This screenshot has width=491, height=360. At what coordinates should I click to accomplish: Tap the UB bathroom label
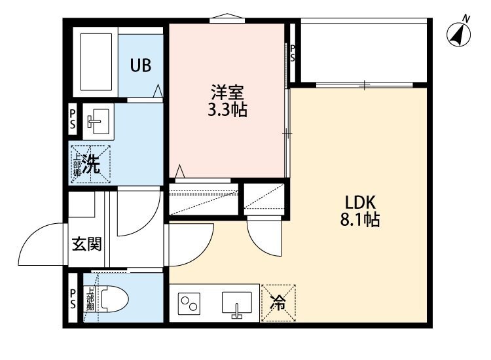140,65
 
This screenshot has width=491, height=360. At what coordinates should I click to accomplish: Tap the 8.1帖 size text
355,220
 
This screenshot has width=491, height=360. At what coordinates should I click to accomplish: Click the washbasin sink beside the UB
98,120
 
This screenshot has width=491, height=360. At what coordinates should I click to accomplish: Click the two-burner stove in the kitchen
191,304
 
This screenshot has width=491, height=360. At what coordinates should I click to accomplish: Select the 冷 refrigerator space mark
278,304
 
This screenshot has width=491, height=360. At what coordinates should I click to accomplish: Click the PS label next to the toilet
72,299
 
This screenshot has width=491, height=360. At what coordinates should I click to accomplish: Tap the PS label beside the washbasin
72,119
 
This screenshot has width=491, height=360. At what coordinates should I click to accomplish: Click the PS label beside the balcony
293,53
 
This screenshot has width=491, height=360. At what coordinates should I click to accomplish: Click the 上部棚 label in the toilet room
90,299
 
